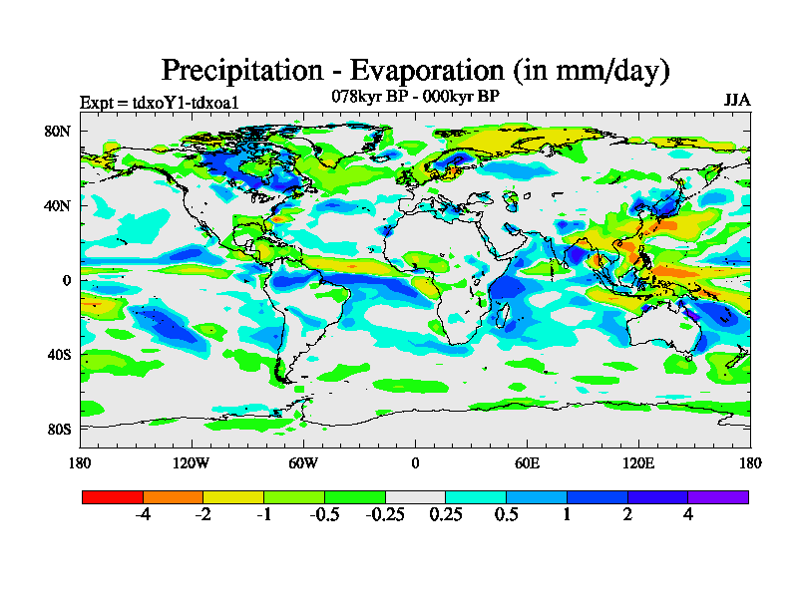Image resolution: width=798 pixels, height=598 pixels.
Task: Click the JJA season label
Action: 737,101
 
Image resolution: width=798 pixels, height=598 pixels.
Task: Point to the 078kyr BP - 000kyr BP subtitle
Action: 415,96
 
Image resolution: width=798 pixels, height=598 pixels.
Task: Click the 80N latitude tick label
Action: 57,132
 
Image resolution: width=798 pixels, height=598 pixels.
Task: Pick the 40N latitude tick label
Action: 57,206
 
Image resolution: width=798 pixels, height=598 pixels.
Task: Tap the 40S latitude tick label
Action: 57,355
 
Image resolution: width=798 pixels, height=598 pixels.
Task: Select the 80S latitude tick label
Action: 57,430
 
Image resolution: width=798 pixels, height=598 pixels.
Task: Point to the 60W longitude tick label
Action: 303,462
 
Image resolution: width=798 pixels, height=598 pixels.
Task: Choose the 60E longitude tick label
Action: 527,462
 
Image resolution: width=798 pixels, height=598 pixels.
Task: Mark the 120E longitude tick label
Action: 638,462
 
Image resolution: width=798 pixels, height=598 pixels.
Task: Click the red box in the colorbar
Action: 113,496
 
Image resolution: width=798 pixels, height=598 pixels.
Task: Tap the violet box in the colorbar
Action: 718,496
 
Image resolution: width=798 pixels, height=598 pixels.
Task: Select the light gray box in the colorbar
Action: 415,496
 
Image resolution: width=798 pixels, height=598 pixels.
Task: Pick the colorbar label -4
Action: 143,515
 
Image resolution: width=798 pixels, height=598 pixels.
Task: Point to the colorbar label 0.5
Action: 506,515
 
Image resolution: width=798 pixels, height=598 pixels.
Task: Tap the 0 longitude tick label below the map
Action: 415,462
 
